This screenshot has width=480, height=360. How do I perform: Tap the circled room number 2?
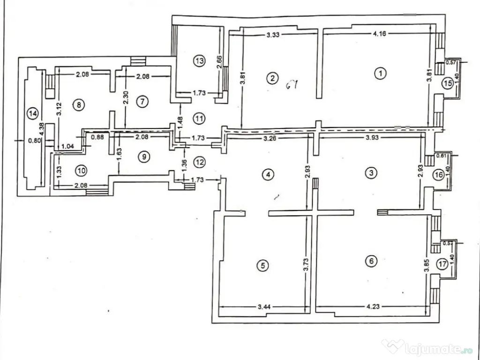pyautogui.click(x=271, y=78)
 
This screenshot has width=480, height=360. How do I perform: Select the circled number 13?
pyautogui.click(x=199, y=60)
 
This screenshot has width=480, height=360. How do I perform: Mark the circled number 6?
pyautogui.click(x=372, y=262)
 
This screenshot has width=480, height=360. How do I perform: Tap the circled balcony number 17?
pyautogui.click(x=442, y=263)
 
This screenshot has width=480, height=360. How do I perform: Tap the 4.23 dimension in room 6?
pyautogui.click(x=373, y=307)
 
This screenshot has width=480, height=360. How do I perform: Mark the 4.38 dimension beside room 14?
pyautogui.click(x=43, y=128)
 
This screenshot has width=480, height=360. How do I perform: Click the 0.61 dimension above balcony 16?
pyautogui.click(x=440, y=156)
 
